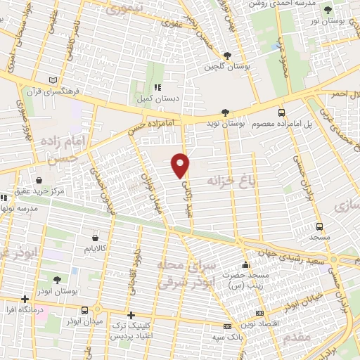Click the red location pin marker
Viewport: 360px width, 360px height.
(181, 165)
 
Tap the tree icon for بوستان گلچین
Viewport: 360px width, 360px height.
(226, 56)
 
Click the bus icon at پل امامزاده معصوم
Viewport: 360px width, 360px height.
(282, 112)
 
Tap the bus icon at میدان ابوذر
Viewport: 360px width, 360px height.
(85, 310)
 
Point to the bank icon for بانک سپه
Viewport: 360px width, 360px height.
(226, 327)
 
